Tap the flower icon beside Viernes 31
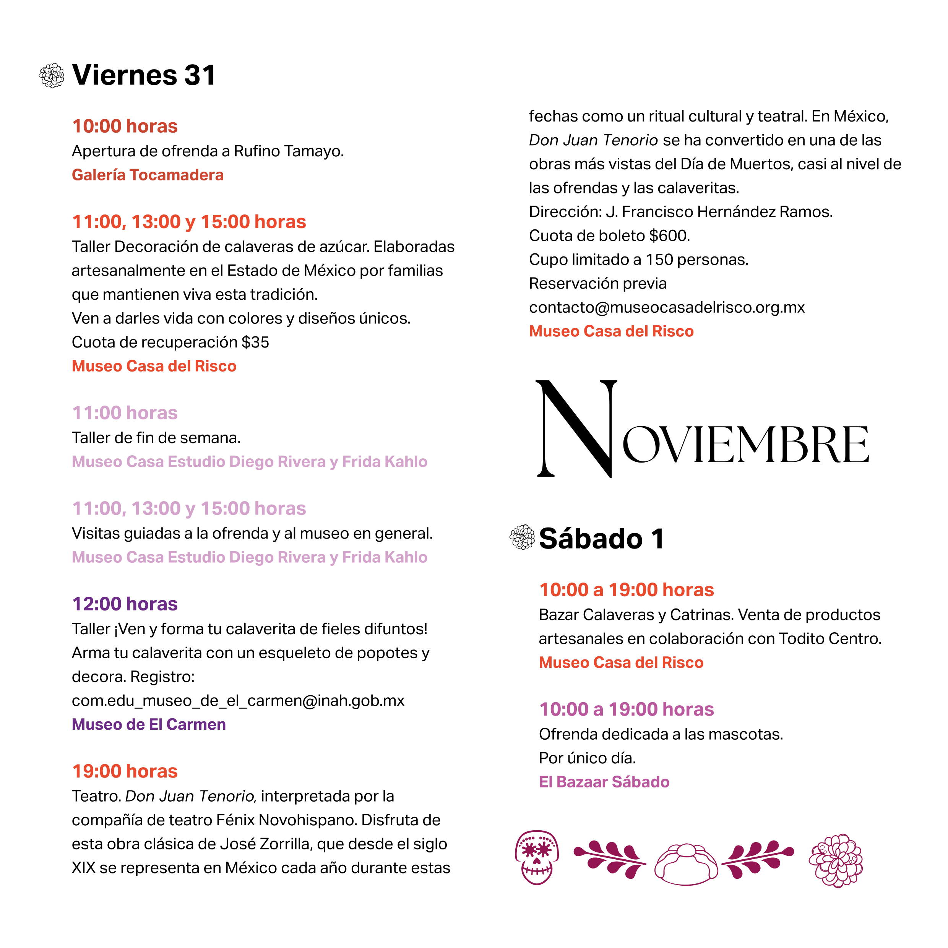pos(52,76)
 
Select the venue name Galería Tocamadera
pos(147,175)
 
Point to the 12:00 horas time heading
pos(125,604)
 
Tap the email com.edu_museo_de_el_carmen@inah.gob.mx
pos(238,700)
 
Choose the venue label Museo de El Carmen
pos(149,724)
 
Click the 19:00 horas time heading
pos(125,771)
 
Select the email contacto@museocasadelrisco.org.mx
pos(666,307)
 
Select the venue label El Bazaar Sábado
pos(604,782)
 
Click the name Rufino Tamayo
pos(289,151)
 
